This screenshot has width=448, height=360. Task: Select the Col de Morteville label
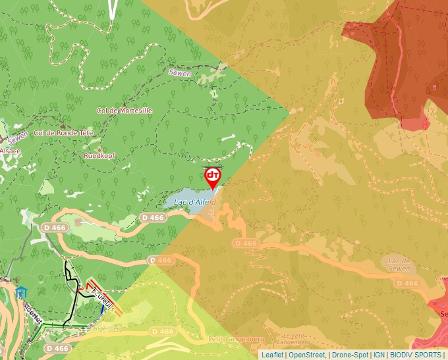125,111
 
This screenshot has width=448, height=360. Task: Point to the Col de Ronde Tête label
64,133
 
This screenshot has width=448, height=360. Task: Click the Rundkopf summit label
99,156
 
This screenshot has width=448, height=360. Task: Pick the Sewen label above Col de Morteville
179,74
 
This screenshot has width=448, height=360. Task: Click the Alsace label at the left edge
10,151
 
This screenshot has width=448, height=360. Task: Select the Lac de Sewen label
399,265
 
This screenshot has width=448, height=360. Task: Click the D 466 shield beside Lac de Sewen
408,283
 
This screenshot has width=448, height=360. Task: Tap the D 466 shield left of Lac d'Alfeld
152,217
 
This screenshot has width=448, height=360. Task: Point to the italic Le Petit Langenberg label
290,339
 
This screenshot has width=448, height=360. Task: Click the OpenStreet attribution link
308,355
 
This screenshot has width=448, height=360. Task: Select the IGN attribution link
379,355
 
